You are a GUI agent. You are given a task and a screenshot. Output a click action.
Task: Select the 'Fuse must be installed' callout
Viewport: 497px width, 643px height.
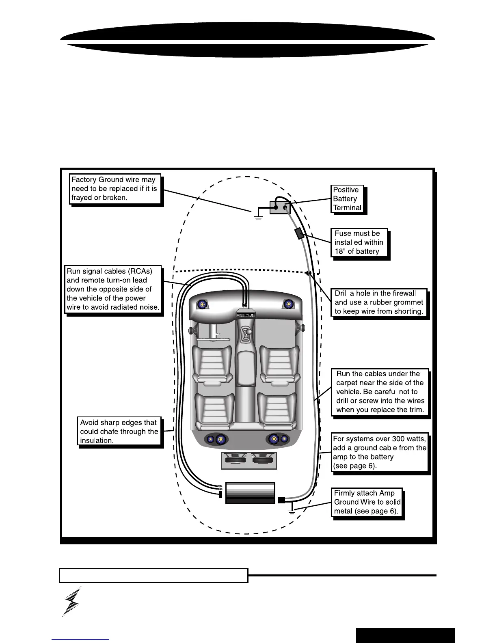[x=359, y=242]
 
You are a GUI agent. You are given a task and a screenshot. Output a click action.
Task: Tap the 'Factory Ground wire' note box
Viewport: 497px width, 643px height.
[x=115, y=189]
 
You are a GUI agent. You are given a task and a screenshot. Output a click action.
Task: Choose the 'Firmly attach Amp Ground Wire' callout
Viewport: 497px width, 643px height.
[x=367, y=502]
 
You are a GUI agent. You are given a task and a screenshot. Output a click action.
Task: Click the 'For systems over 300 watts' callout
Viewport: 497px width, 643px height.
[x=379, y=452]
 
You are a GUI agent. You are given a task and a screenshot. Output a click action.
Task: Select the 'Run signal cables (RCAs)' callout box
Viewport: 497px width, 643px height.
[x=113, y=289]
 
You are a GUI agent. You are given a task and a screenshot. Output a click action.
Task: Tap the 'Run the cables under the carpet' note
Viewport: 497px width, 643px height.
[x=380, y=392]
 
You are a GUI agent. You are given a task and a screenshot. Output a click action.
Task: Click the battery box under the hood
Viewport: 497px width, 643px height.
[x=280, y=207]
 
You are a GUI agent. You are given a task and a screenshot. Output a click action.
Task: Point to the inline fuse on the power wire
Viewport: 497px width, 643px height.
[x=299, y=233]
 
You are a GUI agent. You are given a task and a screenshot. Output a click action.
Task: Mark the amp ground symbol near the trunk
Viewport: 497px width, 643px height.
[x=292, y=510]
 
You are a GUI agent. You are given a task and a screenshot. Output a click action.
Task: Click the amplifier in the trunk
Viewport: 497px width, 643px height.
[x=250, y=493]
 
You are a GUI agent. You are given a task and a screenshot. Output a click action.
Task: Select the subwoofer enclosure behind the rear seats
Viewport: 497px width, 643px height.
[x=249, y=461]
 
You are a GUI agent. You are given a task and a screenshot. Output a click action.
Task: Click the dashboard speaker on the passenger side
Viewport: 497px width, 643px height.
[x=289, y=304]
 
